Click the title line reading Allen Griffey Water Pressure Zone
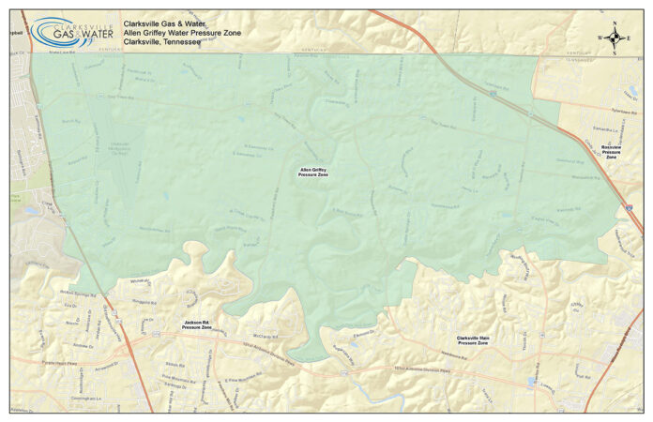pos(188,33)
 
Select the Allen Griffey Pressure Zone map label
pos(313,172)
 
